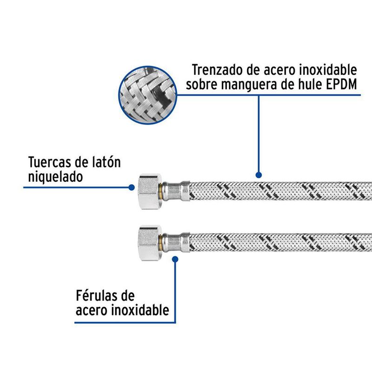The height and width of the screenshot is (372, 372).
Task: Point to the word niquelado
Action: (x=55, y=177)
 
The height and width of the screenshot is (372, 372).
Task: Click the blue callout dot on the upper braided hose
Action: (x=259, y=175)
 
